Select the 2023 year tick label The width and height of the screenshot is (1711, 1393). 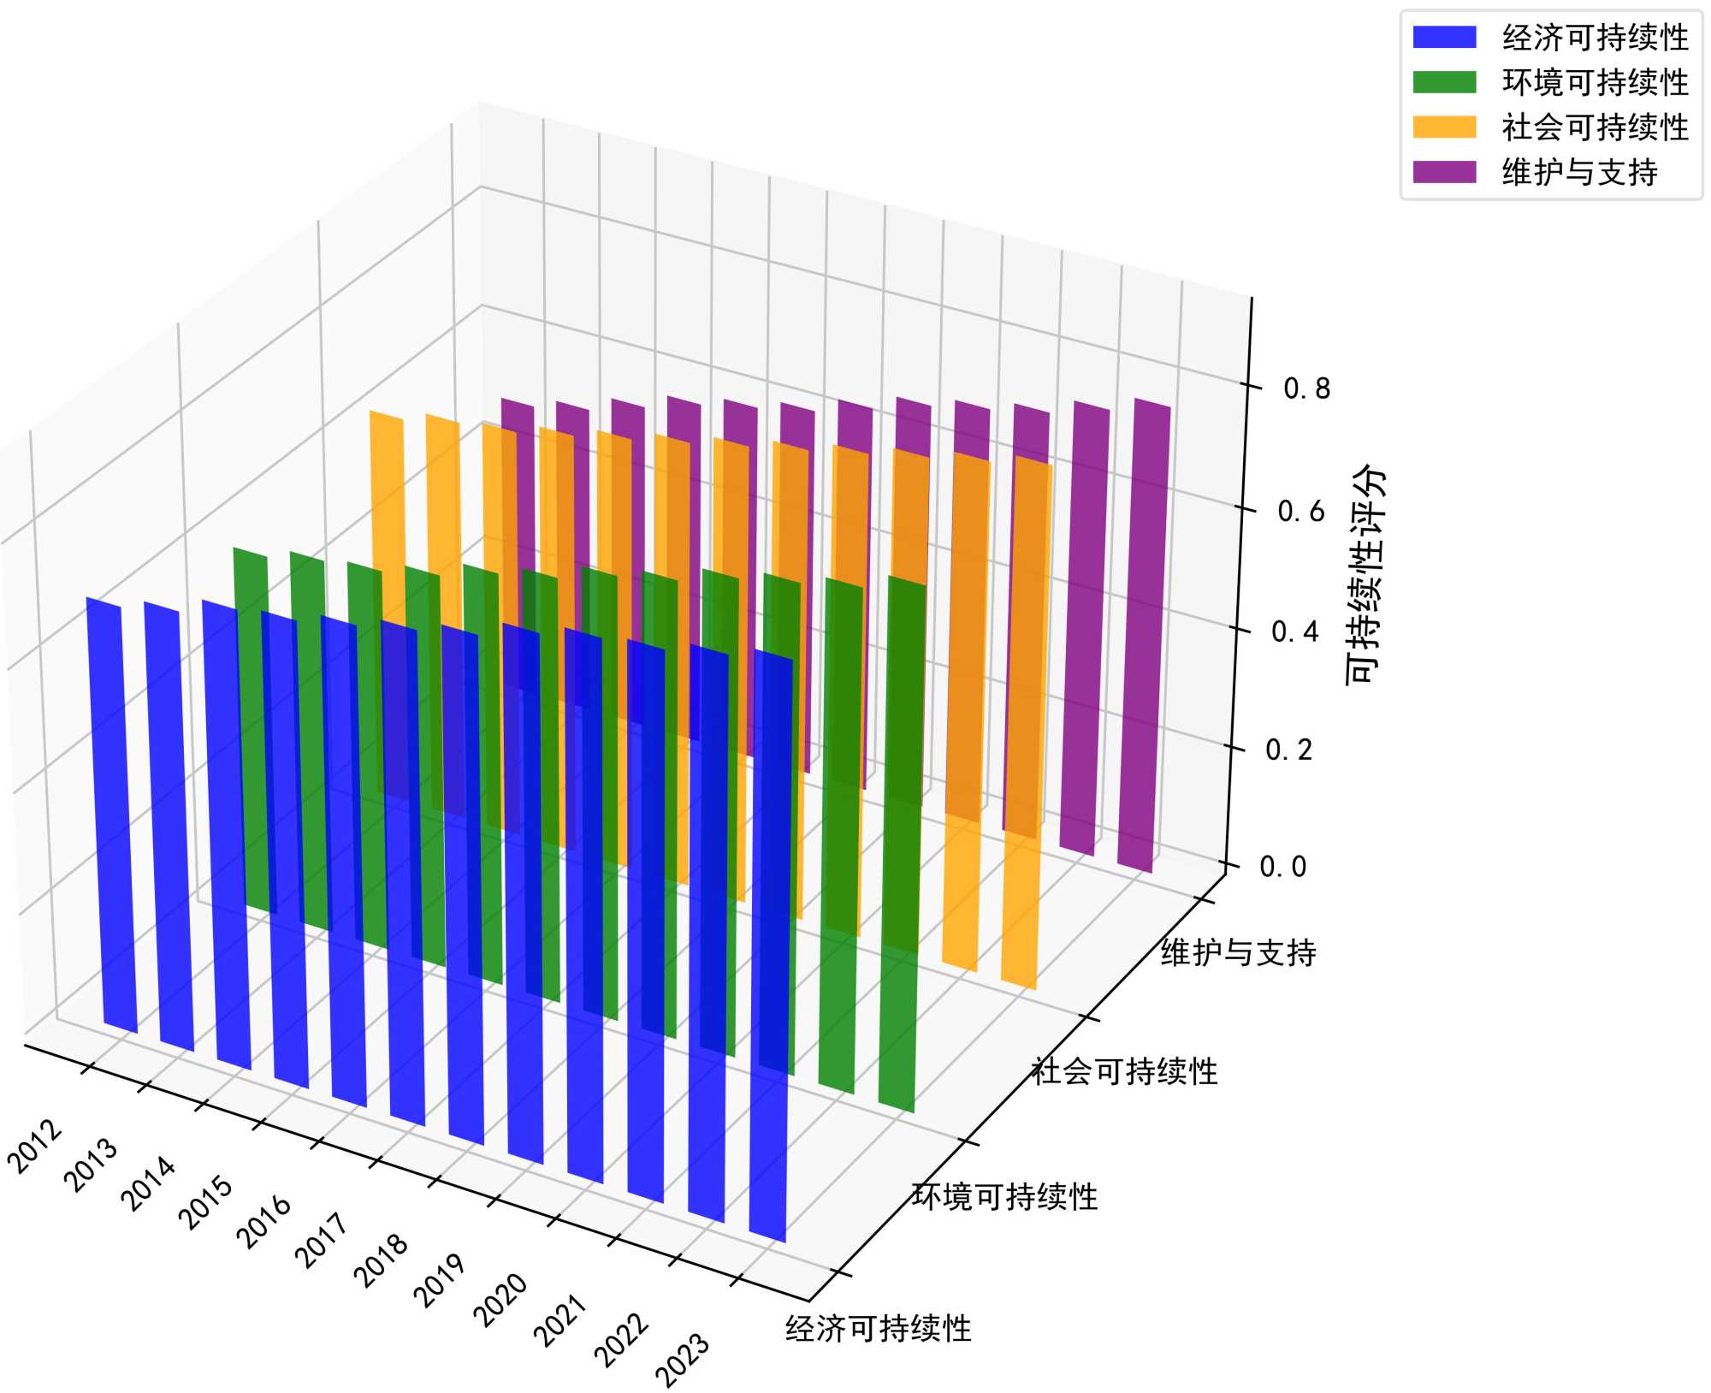683,1360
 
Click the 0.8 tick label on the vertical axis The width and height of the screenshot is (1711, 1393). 1306,388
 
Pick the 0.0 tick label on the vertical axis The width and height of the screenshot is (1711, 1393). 1283,867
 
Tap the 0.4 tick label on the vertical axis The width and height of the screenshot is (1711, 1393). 1294,631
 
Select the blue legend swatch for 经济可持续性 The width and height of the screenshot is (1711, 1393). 1444,38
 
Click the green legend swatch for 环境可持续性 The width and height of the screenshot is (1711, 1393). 1444,82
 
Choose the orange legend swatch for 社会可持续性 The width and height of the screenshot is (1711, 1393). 1444,127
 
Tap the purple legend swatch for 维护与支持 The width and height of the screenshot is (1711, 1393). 1444,172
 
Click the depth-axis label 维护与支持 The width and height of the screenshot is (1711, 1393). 1238,952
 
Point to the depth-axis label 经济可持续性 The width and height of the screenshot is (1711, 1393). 879,1329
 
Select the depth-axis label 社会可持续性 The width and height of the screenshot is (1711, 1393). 1124,1071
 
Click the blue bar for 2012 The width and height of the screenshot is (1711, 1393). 111,813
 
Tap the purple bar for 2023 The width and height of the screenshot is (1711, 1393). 1144,633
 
